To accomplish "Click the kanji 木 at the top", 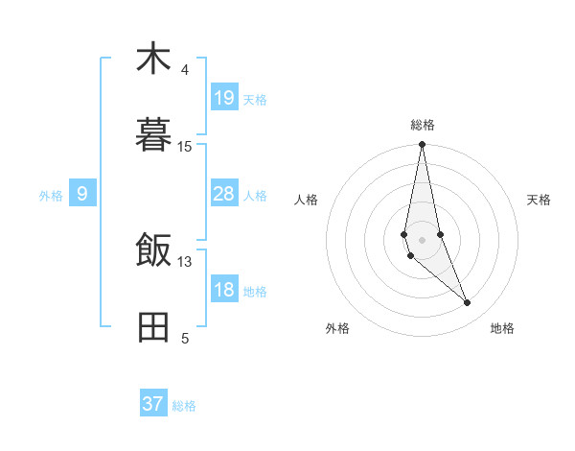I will coord(153,59).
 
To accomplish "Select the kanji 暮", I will coord(153,135).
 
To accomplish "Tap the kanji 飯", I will coord(153,251).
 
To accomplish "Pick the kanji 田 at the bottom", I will coord(153,327).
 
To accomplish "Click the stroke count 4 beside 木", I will coord(185,70).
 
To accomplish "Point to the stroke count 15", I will coord(185,147).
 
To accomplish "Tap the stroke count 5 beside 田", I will coord(185,339).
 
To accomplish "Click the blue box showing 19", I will coord(224,98).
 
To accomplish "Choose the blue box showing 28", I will coord(224,194).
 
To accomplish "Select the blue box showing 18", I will coord(224,290).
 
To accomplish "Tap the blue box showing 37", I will coord(153,404).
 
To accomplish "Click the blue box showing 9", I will coord(82,194).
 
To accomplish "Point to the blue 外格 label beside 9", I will coord(51,196).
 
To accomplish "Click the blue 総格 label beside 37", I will coord(184,406).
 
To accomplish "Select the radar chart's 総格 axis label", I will coord(423,125).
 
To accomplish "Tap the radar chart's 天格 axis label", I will coord(540,200).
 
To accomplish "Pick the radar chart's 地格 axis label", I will coord(502,328).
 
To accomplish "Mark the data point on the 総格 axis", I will coord(422,145).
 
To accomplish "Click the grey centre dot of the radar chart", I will coord(422,239).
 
